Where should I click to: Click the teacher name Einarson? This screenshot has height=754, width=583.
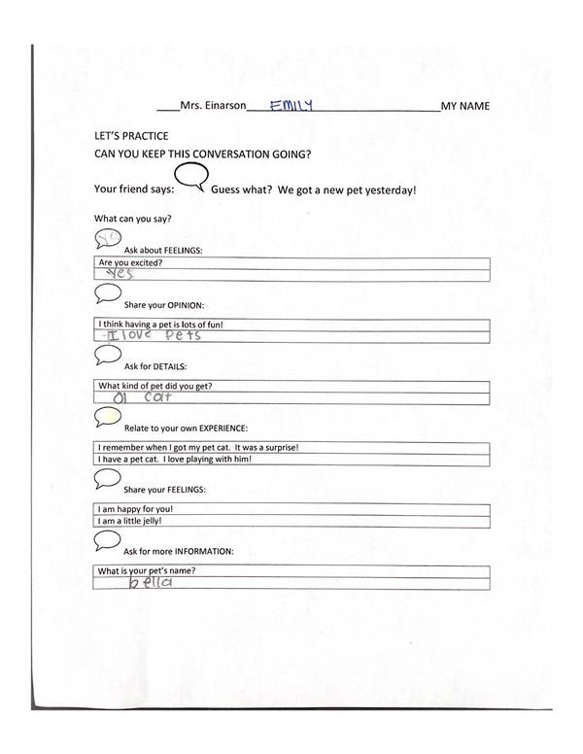pos(220,106)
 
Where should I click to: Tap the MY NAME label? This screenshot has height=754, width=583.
pos(464,106)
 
